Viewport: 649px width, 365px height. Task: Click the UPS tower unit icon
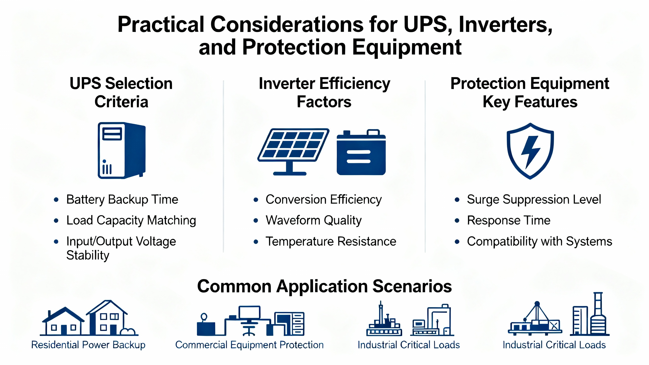tap(122, 151)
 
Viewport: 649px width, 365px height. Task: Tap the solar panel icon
tap(293, 152)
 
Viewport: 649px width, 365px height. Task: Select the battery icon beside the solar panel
tap(361, 152)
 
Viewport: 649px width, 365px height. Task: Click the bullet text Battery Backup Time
tap(122, 199)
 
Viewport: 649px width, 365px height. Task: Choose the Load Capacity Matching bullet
tap(131, 220)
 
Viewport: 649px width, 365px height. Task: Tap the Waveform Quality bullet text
tap(314, 220)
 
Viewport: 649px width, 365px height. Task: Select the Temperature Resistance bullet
tap(331, 241)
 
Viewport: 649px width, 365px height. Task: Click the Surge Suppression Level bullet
tap(534, 199)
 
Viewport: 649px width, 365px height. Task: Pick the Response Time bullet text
tap(509, 220)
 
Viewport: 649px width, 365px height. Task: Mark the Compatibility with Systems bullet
tap(539, 241)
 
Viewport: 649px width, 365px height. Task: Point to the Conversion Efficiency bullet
tap(323, 199)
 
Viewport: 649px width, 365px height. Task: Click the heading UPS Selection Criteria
tap(121, 93)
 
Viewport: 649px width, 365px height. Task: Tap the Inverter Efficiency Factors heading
tap(324, 93)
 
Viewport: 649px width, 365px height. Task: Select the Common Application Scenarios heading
tap(324, 286)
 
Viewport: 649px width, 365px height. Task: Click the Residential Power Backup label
tap(88, 345)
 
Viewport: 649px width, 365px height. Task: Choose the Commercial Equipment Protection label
tap(249, 345)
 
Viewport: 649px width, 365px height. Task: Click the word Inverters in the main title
tap(506, 25)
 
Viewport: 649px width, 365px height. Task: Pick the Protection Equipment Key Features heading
tap(530, 93)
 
